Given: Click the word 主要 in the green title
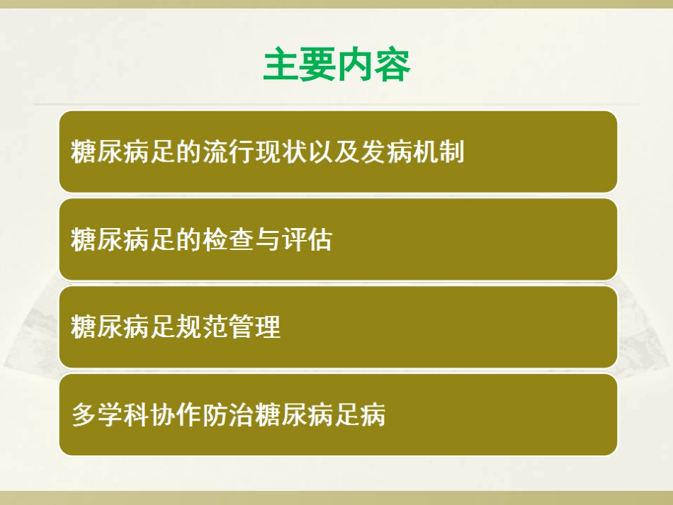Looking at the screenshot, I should pyautogui.click(x=300, y=65).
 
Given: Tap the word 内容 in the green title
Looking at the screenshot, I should pyautogui.click(x=373, y=65).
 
